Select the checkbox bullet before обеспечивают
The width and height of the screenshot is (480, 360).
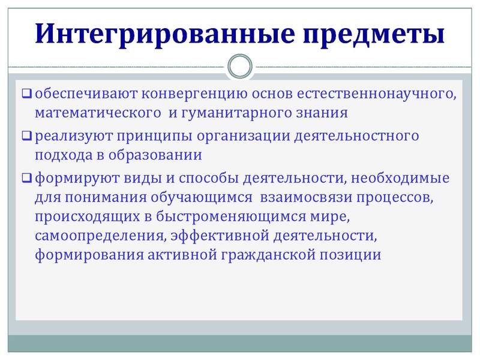click(26, 94)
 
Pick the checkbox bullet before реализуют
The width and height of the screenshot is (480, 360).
click(26, 136)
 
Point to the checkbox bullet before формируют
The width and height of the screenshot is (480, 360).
click(26, 178)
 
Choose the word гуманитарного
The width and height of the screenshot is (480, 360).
click(236, 112)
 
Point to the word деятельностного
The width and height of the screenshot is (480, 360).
click(356, 136)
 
